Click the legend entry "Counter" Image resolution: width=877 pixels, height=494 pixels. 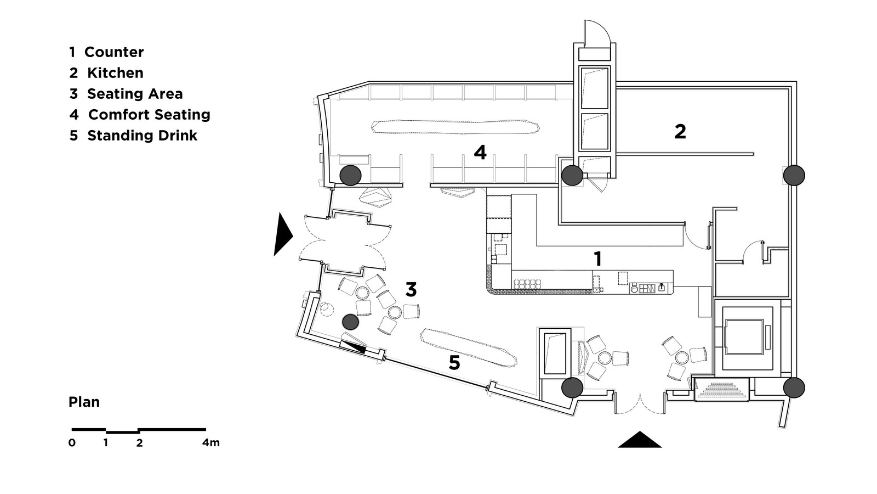point(114,52)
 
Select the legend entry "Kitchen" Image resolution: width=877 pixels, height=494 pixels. point(115,73)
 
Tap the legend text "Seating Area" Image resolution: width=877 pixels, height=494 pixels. point(135,94)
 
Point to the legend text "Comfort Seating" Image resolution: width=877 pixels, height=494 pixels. point(149,115)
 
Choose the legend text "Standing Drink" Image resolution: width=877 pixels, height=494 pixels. point(142,135)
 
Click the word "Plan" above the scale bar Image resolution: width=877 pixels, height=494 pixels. point(84,402)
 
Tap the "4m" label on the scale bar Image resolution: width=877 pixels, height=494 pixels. point(210,442)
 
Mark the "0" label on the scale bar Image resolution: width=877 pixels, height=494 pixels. point(72,442)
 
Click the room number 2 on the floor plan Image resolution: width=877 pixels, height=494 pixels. point(680,132)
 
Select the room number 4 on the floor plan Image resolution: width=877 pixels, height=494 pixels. point(480,152)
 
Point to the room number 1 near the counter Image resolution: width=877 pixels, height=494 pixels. point(597,259)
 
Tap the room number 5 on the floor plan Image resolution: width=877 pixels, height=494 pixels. point(454,363)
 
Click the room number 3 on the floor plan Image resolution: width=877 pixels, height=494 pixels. point(411,290)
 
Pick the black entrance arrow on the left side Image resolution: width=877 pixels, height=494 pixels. point(282,235)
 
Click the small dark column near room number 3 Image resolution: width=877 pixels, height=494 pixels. point(350,322)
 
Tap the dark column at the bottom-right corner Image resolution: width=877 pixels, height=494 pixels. point(794,388)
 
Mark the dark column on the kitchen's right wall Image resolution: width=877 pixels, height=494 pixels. point(794,175)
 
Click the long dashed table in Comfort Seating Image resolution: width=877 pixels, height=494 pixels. point(455,127)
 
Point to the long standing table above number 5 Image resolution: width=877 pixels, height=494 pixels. point(469,348)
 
